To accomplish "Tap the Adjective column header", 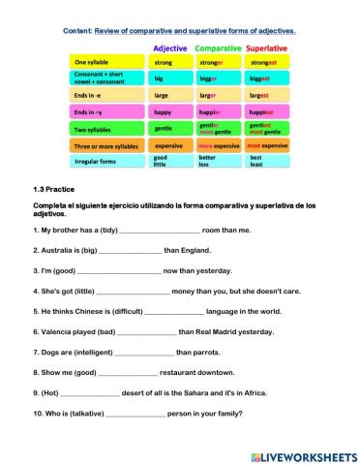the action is point(170,46).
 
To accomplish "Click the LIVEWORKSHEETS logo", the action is point(302,454).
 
